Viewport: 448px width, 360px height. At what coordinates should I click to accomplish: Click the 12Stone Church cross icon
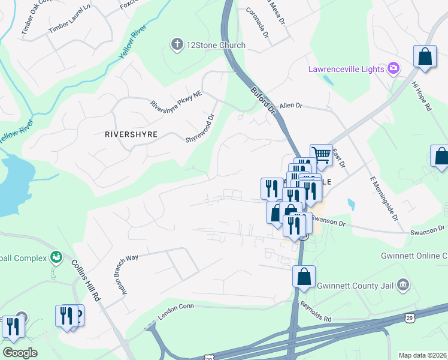coord(177,45)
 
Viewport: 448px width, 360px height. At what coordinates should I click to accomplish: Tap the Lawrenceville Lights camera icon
coord(393,69)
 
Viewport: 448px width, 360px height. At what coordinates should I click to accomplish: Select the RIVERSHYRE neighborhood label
coord(131,134)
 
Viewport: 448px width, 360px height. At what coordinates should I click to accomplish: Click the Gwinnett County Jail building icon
coord(402,284)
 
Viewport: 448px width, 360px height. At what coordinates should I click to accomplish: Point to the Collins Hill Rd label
coord(85,280)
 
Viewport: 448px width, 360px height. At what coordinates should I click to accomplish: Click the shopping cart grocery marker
coord(322,155)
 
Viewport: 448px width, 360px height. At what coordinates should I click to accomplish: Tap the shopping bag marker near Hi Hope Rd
coord(425,57)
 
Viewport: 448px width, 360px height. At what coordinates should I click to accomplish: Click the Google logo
coord(20,353)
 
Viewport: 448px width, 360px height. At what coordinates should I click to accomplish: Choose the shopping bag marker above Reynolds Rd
coord(304,277)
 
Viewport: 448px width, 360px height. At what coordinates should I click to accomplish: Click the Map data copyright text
coord(423,355)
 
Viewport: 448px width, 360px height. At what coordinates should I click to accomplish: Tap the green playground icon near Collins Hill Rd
coord(56,257)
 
